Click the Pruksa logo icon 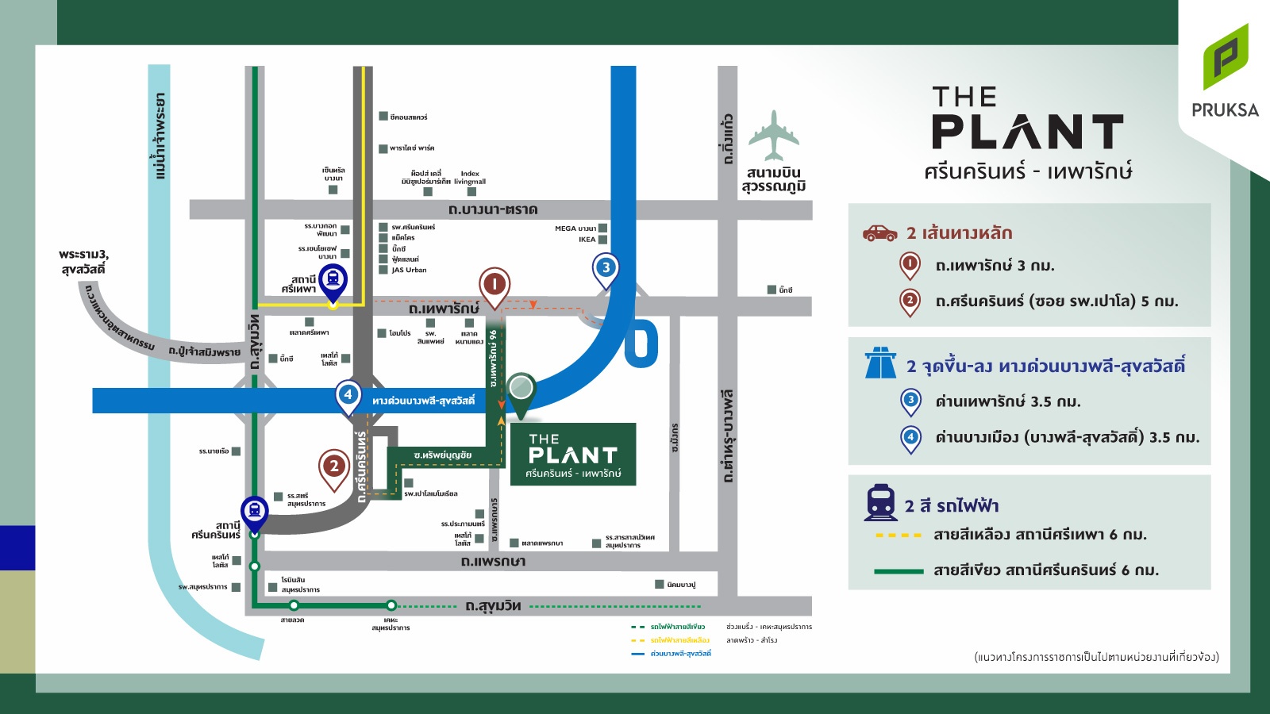[1226, 57]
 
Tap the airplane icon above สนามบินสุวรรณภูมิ [773, 136]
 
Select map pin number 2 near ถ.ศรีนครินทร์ [334, 467]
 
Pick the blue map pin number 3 [606, 269]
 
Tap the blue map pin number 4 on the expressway [348, 395]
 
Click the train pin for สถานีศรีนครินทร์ [254, 512]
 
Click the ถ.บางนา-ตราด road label [493, 209]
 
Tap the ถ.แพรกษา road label [493, 561]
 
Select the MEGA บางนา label [575, 228]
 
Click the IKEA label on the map [587, 240]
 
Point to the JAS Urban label [409, 270]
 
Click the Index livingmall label [470, 178]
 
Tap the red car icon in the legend [879, 233]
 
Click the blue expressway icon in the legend [880, 364]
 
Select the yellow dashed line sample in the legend [899, 535]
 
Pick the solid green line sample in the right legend [899, 571]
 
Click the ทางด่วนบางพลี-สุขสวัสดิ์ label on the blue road [423, 401]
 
